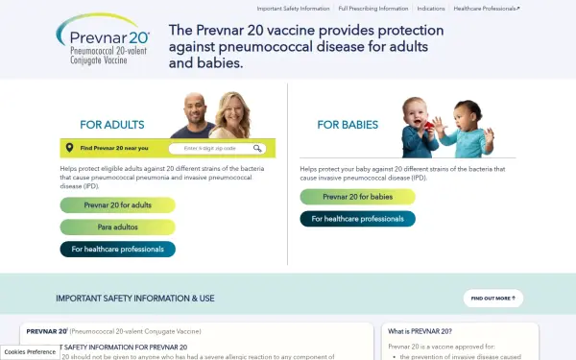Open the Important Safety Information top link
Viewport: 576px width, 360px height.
tap(293, 8)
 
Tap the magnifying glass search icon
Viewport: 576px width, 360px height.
tap(257, 149)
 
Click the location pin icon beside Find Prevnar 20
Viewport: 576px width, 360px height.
tap(69, 149)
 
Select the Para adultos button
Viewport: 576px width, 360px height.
tap(117, 227)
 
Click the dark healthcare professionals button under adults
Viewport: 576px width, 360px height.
tap(117, 250)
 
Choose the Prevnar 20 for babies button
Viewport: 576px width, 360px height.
tap(357, 197)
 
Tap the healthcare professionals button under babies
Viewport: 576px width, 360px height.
tap(357, 219)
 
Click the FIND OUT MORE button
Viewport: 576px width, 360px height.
tap(492, 299)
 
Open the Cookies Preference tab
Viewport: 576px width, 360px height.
tap(30, 352)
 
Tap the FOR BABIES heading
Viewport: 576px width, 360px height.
tap(348, 125)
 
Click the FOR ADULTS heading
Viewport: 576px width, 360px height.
tap(112, 125)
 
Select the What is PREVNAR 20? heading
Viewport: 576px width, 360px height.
tap(420, 330)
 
